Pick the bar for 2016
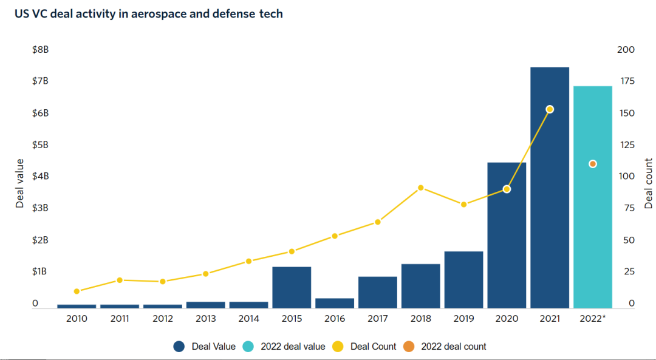point(335,303)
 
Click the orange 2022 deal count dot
point(593,164)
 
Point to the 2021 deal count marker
point(550,109)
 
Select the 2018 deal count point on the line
point(420,188)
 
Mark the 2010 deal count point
point(77,291)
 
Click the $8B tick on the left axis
point(40,50)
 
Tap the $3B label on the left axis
point(40,208)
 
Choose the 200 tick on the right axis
point(626,50)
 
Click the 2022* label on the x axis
point(592,319)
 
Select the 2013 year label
point(205,319)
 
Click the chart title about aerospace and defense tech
point(149,13)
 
